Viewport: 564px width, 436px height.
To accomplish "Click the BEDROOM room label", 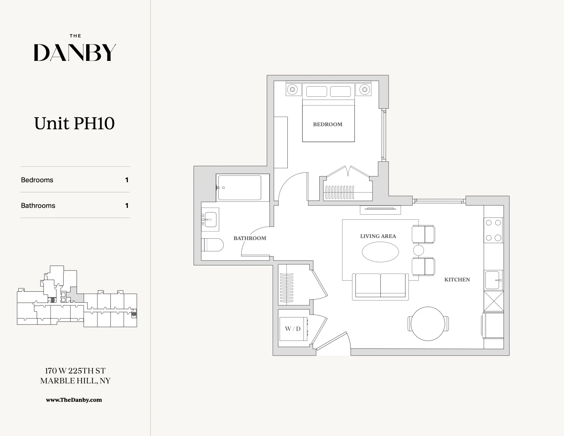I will coord(327,124).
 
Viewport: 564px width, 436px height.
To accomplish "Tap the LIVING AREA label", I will coord(378,236).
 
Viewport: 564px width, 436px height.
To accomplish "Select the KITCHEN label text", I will coord(457,280).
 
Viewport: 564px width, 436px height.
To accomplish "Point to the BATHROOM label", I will coord(250,238).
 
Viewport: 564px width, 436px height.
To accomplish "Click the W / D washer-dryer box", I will coord(293,329).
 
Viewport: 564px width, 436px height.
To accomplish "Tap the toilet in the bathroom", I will coord(213,245).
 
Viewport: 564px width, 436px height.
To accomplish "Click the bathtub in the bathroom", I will coord(240,188).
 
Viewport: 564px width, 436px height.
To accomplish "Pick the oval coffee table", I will coord(380,252).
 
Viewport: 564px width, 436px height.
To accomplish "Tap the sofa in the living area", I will coord(380,286).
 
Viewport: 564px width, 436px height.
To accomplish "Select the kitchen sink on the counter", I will coord(493,280).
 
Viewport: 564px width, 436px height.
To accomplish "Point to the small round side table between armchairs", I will coord(418,250).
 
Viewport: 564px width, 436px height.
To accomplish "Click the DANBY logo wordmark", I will coord(75,53).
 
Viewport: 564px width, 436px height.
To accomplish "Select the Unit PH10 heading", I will coord(74,123).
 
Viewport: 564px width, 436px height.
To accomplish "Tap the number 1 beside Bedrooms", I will coord(127,180).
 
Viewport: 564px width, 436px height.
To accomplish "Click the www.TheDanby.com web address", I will coord(74,400).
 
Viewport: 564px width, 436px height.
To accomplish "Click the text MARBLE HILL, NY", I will coord(75,381).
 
